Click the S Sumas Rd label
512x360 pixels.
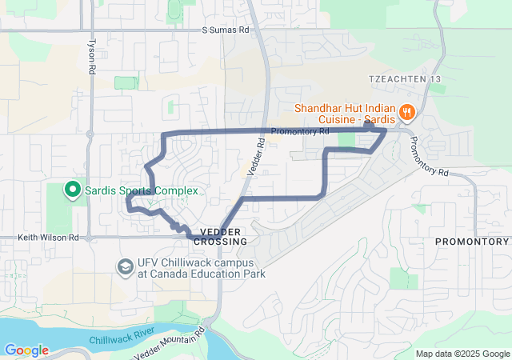tap(225, 30)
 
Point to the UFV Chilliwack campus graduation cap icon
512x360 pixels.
tap(126, 266)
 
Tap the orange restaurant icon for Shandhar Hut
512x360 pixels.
tap(406, 113)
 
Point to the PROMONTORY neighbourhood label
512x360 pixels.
tap(472, 241)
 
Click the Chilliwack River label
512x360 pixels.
tap(122, 332)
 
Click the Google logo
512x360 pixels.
tap(26, 350)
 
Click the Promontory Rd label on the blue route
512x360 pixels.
tap(300, 131)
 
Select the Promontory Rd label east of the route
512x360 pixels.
tap(429, 157)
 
